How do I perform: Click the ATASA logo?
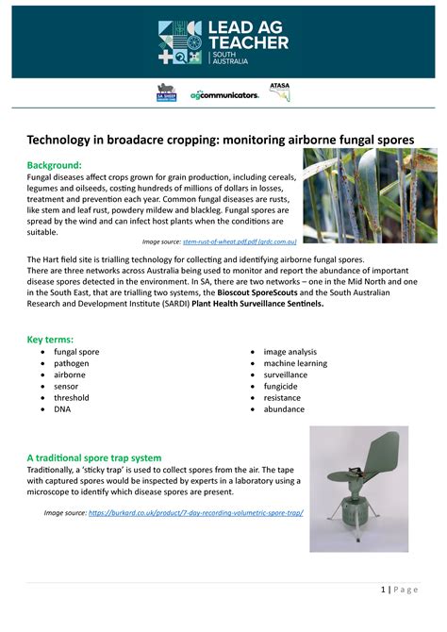[280, 91]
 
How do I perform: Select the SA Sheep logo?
[167, 93]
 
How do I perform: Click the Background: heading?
[58, 164]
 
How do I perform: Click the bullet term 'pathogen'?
[72, 363]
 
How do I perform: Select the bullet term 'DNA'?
[62, 409]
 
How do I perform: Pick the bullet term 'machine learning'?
[295, 363]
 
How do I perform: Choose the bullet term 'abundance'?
[284, 409]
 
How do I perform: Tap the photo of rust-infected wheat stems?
[369, 195]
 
